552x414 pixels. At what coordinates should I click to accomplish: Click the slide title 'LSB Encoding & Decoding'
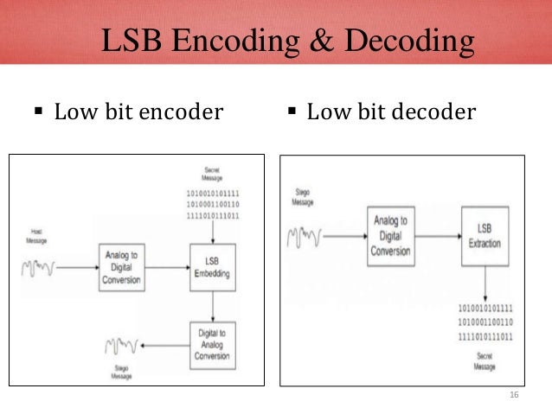point(288,41)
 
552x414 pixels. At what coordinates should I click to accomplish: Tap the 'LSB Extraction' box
point(485,234)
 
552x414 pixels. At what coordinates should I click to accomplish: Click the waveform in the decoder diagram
point(305,234)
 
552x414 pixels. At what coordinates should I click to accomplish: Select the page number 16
point(513,395)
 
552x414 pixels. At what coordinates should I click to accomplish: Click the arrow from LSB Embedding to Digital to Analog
point(211,304)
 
